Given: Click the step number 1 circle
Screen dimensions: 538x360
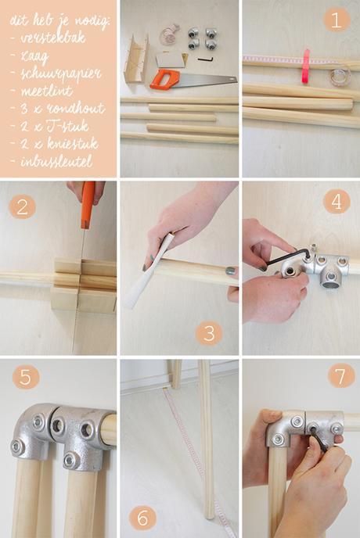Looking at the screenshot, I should (x=337, y=20).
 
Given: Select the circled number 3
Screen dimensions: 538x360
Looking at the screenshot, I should (x=209, y=333).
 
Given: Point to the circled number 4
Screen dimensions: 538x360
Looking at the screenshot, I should (x=337, y=202).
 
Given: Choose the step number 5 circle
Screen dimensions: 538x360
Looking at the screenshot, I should (x=26, y=377).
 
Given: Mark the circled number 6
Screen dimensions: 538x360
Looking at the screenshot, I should (x=142, y=517).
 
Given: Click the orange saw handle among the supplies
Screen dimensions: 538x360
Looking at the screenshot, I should (x=165, y=78).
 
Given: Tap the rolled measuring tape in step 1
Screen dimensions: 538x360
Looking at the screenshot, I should (x=339, y=76).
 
